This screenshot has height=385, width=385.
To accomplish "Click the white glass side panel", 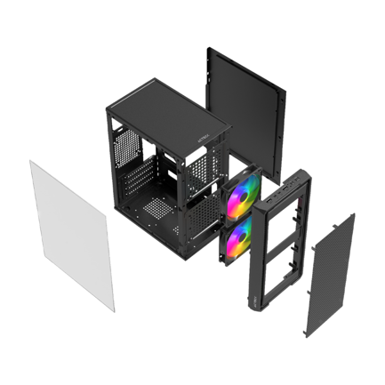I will coord(71,233).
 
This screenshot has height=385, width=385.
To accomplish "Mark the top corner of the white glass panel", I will coord(32,162).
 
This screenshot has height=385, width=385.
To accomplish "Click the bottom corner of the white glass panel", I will coord(114,309).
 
